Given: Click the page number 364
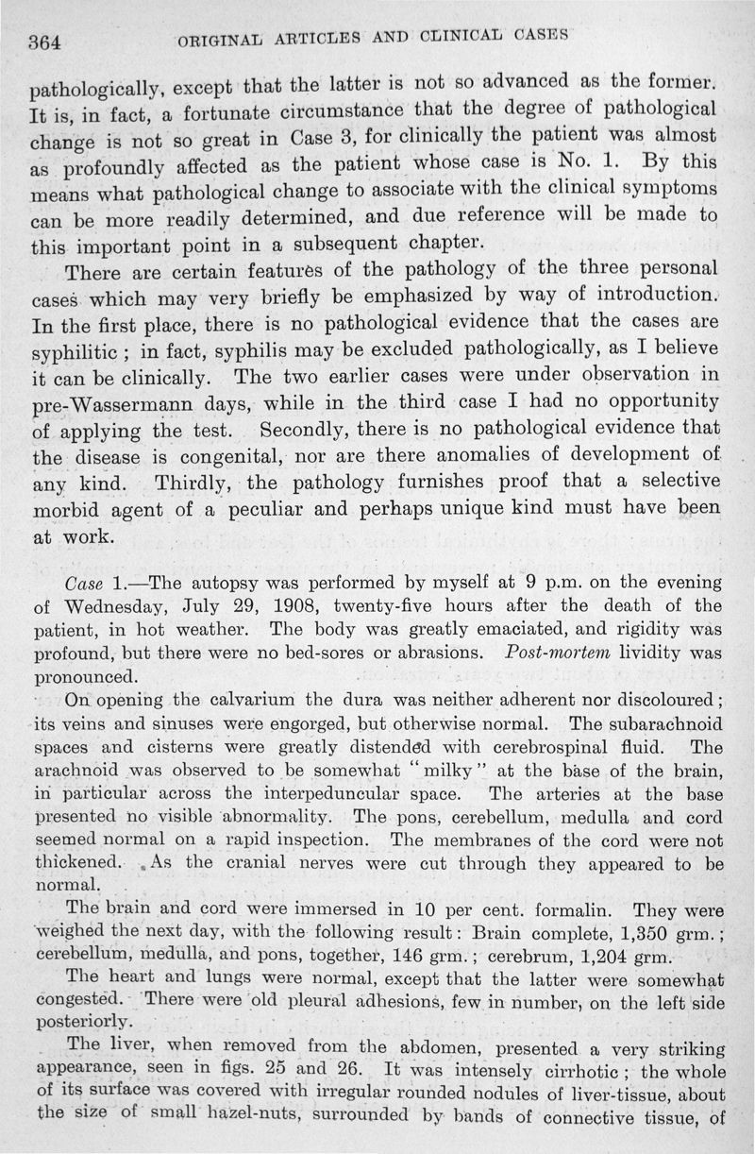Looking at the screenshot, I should [x=45, y=42].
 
